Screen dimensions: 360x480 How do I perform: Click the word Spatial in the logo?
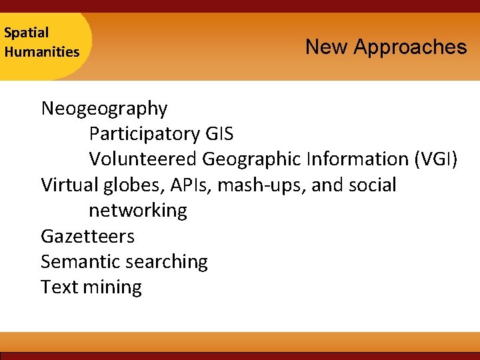click(x=26, y=33)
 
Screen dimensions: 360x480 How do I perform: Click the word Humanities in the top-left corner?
click(x=41, y=51)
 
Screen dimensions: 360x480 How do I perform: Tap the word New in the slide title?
click(x=327, y=47)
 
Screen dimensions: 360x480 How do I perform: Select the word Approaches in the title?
click(x=410, y=47)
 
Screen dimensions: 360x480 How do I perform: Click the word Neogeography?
click(x=104, y=108)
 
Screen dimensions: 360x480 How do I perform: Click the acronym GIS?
click(x=219, y=134)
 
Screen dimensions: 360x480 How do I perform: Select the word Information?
click(x=357, y=159)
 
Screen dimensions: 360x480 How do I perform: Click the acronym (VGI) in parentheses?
click(x=436, y=159)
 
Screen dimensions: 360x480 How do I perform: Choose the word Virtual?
click(x=67, y=185)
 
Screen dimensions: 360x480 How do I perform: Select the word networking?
click(x=138, y=211)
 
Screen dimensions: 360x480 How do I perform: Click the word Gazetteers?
click(x=87, y=236)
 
